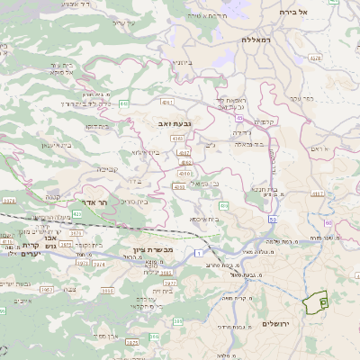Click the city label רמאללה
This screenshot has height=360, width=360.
click(x=256, y=40)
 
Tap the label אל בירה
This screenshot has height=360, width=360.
click(x=318, y=12)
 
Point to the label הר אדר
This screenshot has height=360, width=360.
click(x=94, y=203)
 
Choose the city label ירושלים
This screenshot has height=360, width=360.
click(x=278, y=322)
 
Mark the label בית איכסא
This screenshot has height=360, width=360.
click(x=206, y=219)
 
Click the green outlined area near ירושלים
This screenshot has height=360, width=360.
click(x=315, y=303)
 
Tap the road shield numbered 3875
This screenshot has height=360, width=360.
click(x=131, y=342)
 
